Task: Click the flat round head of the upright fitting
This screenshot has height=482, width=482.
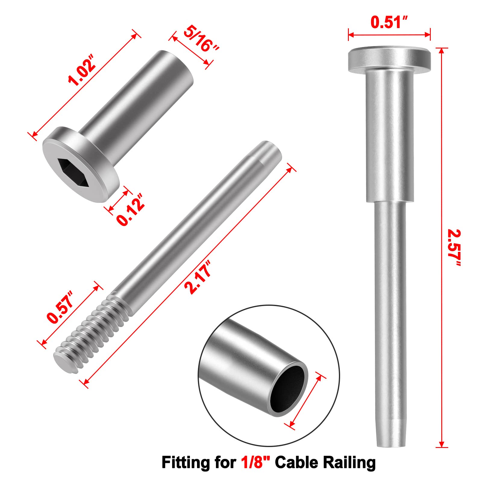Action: [x=389, y=59]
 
